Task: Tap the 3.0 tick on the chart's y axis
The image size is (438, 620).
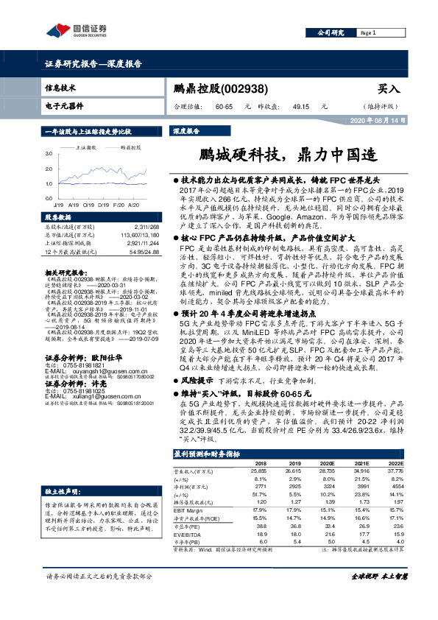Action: click(x=48, y=153)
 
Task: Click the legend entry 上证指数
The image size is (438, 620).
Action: click(x=88, y=147)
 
